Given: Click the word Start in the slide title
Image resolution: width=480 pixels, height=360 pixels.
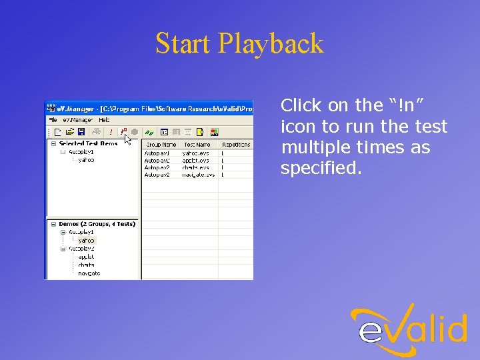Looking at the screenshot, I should pyautogui.click(x=183, y=44).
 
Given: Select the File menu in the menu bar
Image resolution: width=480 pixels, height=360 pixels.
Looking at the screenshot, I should pyautogui.click(x=53, y=120).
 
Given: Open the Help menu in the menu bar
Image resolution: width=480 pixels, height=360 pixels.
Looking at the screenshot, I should pyautogui.click(x=104, y=120).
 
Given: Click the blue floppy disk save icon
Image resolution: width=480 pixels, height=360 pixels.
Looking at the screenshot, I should pyautogui.click(x=81, y=132).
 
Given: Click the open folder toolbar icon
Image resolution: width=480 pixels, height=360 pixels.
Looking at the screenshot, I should pyautogui.click(x=69, y=132).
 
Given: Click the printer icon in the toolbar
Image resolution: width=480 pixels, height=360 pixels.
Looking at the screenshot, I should pyautogui.click(x=97, y=132).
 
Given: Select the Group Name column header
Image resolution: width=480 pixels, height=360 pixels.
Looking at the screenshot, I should pyautogui.click(x=161, y=144).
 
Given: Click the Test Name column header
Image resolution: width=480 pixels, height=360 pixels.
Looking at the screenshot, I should pyautogui.click(x=197, y=144).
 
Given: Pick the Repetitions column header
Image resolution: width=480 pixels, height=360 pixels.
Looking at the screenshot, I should pyautogui.click(x=236, y=144).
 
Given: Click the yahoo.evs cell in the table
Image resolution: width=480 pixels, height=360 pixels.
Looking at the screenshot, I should pyautogui.click(x=195, y=153).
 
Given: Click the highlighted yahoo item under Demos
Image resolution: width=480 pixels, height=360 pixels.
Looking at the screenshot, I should pyautogui.click(x=86, y=241).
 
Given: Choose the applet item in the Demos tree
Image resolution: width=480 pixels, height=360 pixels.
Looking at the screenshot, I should pyautogui.click(x=86, y=257).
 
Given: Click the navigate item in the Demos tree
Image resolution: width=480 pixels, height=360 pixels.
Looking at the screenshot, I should pyautogui.click(x=89, y=273).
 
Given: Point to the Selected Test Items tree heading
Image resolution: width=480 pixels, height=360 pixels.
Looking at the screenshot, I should pyautogui.click(x=88, y=143).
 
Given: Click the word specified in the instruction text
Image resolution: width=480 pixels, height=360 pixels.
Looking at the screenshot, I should pyautogui.click(x=321, y=169).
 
